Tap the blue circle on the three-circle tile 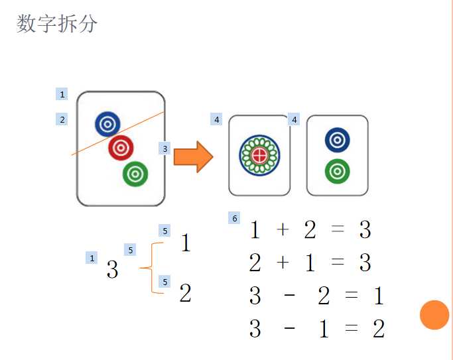(x=107, y=123)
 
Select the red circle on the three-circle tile (x=121, y=148)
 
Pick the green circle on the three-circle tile (x=135, y=174)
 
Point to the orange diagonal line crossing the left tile (x=86, y=147)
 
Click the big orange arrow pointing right (x=193, y=157)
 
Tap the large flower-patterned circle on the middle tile (x=260, y=156)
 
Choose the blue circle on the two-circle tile (x=338, y=140)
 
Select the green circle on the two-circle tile (x=338, y=171)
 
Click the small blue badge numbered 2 (x=62, y=119)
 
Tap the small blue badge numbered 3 (x=165, y=149)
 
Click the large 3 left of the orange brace (x=113, y=270)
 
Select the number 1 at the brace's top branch (x=186, y=243)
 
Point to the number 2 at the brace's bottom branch (x=186, y=293)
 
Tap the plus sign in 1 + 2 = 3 (x=283, y=230)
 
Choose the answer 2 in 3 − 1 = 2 (x=378, y=329)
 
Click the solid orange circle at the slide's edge (x=434, y=314)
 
